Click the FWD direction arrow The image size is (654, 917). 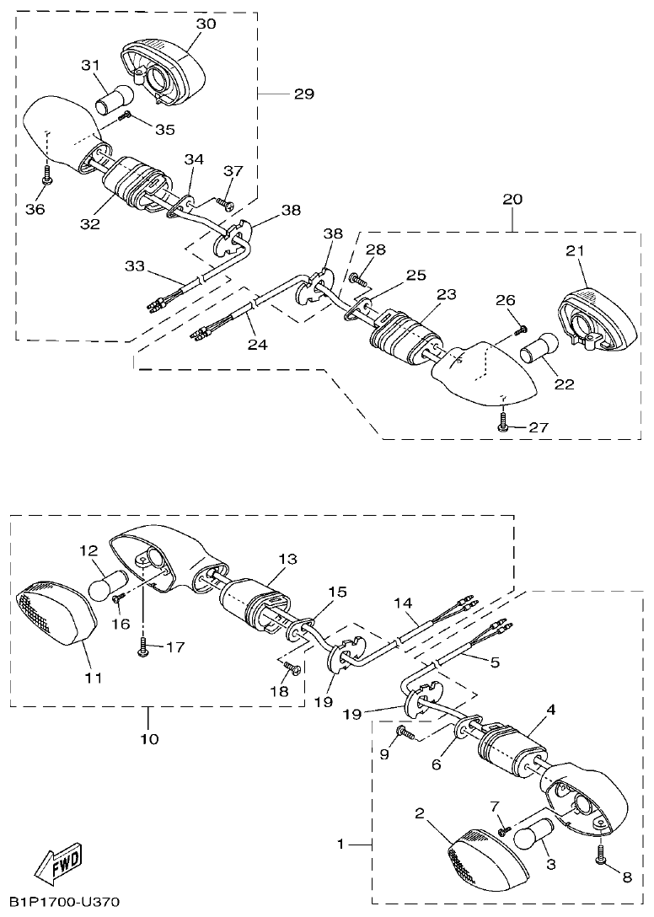click(x=58, y=864)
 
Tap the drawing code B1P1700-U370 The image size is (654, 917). click(x=60, y=903)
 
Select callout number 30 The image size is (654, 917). click(x=206, y=24)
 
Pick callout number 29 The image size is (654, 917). click(x=303, y=94)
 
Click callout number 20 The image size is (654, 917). click(x=512, y=200)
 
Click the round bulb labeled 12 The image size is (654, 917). click(x=108, y=583)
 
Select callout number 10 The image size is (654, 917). click(x=148, y=739)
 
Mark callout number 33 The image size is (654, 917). click(x=135, y=266)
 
